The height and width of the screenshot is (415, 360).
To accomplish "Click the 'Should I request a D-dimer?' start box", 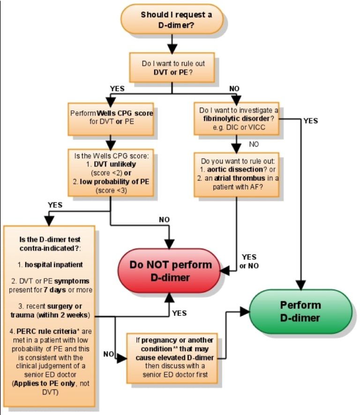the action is coord(172,19).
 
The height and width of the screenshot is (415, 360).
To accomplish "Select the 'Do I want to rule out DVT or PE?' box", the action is coord(172,67).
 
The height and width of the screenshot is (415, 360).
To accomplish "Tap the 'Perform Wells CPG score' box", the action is coord(111,119).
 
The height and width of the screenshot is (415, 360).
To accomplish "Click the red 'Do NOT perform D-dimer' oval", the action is coord(170,271).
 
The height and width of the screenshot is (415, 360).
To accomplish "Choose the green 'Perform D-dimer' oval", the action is coord(300,311).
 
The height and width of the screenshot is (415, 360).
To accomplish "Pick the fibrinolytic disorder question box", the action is coord(236,119).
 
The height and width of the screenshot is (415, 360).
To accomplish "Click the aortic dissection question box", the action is coord(236,175).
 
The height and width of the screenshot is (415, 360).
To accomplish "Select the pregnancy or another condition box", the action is coord(172,358).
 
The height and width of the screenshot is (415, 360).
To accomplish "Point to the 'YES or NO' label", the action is coord(249,261).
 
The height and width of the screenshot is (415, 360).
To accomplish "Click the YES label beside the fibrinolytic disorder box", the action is coord(310,121).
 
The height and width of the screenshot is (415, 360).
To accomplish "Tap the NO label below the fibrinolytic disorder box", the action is coord(254,144).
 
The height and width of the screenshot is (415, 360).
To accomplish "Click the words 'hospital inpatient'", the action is coord(54,265).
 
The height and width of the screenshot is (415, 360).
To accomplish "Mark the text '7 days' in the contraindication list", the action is coord(55,290).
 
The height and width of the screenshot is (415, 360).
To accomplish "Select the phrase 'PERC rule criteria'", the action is coord(46,331).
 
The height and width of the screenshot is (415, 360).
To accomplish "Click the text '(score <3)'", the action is coord(111,190).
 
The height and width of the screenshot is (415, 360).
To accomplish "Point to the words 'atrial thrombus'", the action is coord(240,178).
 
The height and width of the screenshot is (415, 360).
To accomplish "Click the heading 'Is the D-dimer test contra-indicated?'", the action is coord(50,244).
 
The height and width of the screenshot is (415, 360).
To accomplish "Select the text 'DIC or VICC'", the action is coord(246,127).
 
